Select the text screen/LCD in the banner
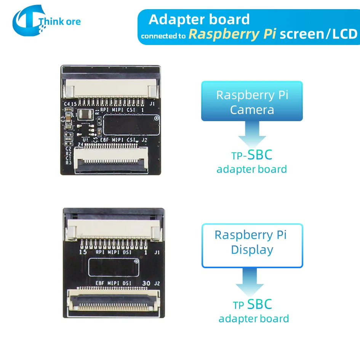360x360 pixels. pyautogui.click(x=318, y=34)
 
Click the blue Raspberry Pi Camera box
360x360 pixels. pyautogui.click(x=252, y=102)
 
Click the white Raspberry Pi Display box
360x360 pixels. pyautogui.click(x=252, y=246)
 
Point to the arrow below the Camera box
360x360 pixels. pyautogui.click(x=252, y=136)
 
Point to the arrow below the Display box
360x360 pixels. pyautogui.click(x=250, y=282)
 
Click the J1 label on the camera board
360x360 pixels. pyautogui.click(x=152, y=103)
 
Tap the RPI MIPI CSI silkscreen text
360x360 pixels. pyautogui.click(x=117, y=109)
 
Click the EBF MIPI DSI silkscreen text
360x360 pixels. pyautogui.click(x=111, y=283)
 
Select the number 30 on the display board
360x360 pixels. pyautogui.click(x=146, y=283)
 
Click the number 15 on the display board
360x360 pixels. pyautogui.click(x=82, y=252)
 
